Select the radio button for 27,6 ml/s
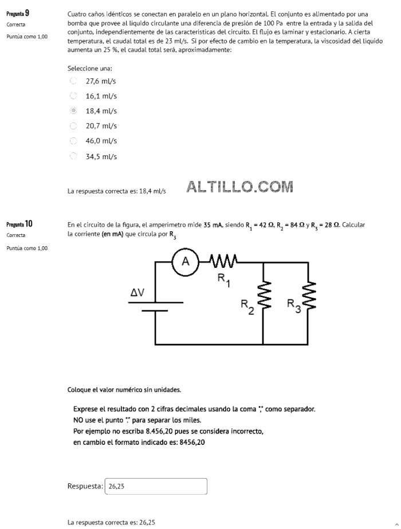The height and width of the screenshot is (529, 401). click(73, 81)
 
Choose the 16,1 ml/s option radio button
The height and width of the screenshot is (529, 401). click(73, 96)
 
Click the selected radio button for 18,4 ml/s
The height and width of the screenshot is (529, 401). click(73, 110)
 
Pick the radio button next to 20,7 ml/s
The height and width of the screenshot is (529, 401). click(73, 126)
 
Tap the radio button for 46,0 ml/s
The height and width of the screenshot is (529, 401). click(73, 141)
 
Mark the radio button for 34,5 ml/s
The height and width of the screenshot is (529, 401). click(73, 156)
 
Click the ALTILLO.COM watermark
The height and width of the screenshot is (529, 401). click(239, 187)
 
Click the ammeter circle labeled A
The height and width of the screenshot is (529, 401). click(185, 262)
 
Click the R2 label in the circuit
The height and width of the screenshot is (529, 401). click(247, 307)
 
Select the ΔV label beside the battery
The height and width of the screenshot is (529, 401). click(137, 292)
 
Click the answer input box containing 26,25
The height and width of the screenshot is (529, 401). click(156, 486)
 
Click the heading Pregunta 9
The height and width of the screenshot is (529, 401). click(18, 14)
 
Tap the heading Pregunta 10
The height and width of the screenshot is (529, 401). click(19, 224)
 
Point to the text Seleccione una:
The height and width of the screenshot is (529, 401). click(90, 69)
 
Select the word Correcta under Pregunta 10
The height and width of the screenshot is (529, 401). click(16, 235)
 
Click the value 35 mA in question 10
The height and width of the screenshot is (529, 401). click(213, 224)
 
